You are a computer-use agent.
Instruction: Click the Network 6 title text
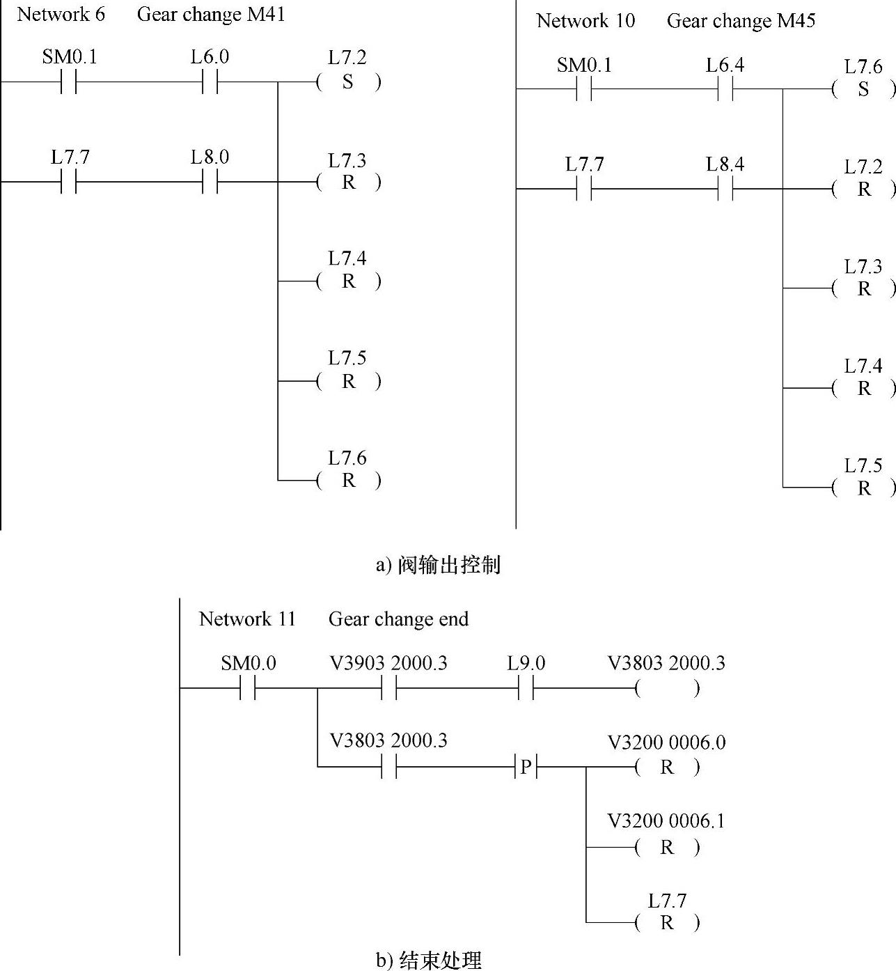[61, 15]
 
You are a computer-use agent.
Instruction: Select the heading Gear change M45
[741, 21]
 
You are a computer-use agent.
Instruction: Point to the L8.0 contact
[210, 182]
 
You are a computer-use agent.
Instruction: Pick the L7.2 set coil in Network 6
[348, 82]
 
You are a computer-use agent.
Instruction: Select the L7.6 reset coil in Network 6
[348, 481]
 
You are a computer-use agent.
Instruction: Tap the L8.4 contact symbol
[725, 189]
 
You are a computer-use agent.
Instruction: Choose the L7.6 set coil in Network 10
[863, 89]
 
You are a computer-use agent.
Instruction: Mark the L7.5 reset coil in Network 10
[863, 488]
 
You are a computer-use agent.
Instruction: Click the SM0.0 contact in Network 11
[248, 689]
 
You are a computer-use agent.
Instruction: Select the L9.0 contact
[526, 689]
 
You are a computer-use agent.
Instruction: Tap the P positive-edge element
[526, 768]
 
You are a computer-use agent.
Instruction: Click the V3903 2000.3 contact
[388, 689]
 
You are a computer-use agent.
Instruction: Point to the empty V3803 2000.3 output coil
[666, 689]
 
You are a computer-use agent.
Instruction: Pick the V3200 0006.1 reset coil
[666, 847]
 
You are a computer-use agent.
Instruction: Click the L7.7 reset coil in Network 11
[666, 923]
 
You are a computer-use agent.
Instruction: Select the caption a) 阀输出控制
[438, 565]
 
